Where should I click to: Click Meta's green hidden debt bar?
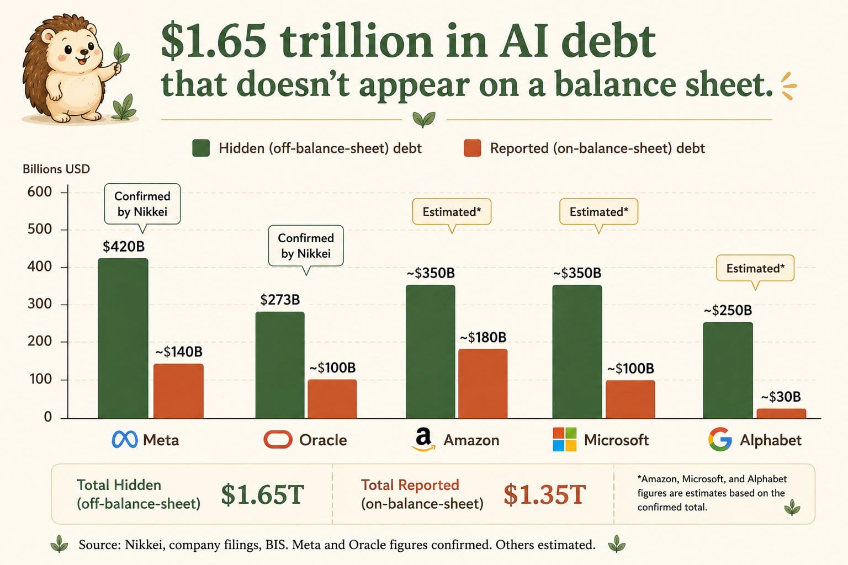click(x=123, y=338)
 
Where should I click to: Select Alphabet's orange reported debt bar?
click(x=781, y=414)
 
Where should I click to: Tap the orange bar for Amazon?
click(x=483, y=383)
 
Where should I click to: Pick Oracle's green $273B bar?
click(x=280, y=365)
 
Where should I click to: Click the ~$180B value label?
click(x=483, y=337)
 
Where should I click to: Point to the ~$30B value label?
click(x=781, y=397)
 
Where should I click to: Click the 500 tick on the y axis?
click(x=39, y=229)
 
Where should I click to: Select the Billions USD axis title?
click(x=56, y=169)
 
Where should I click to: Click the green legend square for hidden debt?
click(x=200, y=148)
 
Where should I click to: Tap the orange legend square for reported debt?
click(x=473, y=148)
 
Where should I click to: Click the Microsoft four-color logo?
click(x=564, y=439)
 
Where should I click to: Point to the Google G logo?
click(x=720, y=439)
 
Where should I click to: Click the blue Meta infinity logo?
click(x=125, y=440)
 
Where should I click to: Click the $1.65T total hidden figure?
click(x=262, y=494)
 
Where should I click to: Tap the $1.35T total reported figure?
click(x=544, y=494)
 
